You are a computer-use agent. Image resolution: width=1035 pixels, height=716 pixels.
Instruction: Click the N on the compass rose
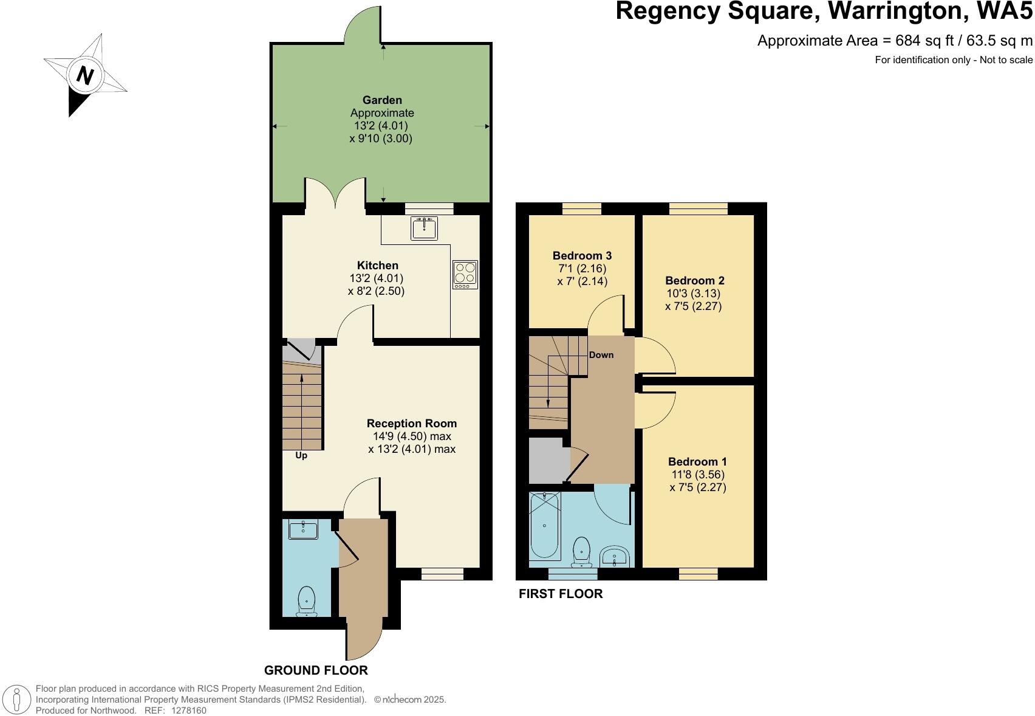coord(86,76)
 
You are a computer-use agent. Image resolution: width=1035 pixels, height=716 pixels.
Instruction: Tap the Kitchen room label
coord(377,265)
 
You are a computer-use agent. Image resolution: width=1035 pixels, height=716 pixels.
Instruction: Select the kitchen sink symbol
coord(424,228)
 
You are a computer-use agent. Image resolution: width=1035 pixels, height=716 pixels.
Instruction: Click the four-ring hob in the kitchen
coord(465,274)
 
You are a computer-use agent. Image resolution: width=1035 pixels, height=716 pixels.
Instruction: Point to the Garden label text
coord(382,100)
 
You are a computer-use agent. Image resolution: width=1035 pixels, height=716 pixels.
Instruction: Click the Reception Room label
coord(411,423)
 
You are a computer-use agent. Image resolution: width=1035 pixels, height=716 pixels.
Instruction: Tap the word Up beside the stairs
coord(301,455)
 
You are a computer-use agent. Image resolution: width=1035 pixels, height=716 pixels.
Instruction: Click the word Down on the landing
coord(601,355)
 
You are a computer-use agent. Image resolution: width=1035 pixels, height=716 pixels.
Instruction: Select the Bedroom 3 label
coord(581,255)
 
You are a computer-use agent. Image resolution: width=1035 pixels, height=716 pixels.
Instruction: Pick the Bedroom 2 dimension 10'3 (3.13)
coord(693,293)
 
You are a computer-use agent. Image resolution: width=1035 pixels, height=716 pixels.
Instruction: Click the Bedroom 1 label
coord(697,461)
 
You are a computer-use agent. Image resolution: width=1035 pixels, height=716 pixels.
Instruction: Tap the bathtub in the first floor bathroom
coord(544,526)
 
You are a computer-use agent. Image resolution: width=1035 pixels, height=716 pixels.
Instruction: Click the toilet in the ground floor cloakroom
coord(306,601)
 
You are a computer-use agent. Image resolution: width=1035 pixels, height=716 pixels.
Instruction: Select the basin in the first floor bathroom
coord(615,556)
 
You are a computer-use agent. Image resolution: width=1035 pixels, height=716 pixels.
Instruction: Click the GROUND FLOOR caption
coord(316,670)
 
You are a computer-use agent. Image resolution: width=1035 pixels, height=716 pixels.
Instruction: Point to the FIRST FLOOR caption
coord(560,594)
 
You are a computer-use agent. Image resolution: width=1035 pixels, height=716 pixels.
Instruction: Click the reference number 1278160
coord(189,710)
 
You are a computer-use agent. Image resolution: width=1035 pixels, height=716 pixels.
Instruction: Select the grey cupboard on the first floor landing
coord(548,460)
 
